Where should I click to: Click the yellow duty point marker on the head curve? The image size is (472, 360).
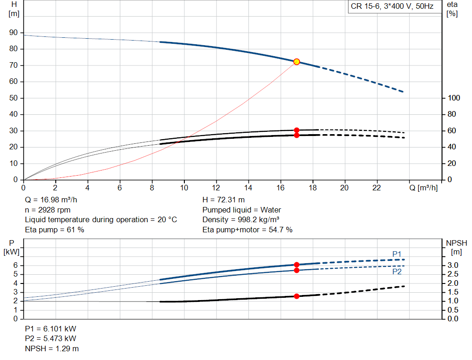tap(296, 62)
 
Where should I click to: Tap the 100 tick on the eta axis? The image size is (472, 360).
tap(454, 98)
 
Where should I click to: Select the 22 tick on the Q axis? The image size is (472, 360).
tap(377, 188)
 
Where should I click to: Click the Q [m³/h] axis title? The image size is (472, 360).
tap(423, 188)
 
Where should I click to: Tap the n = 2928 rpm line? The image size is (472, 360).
tap(47, 210)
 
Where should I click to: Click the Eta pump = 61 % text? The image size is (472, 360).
tap(54, 229)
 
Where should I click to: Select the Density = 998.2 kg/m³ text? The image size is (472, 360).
tap(241, 219)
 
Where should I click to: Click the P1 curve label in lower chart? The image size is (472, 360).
tap(397, 254)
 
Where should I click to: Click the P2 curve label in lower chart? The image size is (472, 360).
tap(397, 272)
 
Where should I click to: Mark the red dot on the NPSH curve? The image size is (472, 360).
tap(296, 296)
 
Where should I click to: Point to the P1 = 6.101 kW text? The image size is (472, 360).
tap(50, 329)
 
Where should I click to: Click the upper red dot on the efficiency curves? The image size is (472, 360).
tap(296, 130)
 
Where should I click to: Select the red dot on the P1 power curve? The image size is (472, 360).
tap(296, 265)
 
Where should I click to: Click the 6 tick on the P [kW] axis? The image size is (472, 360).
tap(15, 265)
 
